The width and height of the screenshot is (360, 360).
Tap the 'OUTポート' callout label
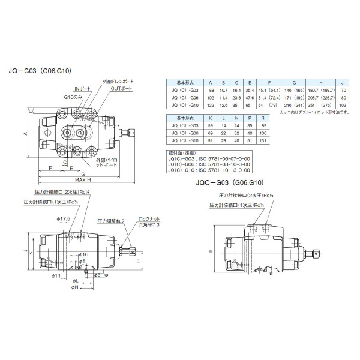[x=121, y=88]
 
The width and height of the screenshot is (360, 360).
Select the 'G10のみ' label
[x=72, y=96]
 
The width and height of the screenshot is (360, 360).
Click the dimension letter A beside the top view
[x=26, y=133]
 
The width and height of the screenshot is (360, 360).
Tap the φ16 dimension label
[x=84, y=254]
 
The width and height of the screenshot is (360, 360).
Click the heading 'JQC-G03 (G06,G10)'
[x=229, y=182]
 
